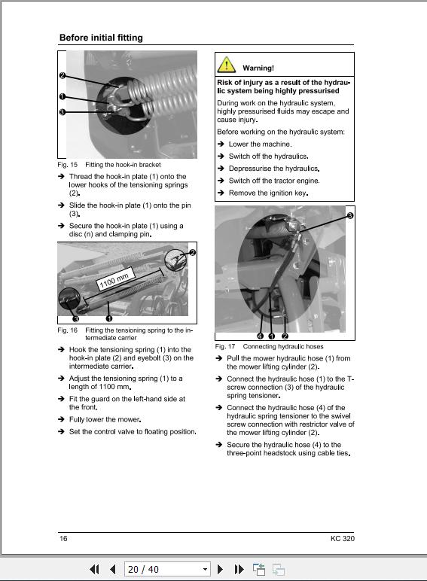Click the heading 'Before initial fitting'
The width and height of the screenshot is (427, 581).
tap(101, 38)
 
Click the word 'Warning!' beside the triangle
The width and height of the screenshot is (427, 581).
tap(258, 68)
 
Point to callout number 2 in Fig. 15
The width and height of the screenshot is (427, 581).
tap(62, 76)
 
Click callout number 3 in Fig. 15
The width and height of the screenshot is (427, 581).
tap(62, 112)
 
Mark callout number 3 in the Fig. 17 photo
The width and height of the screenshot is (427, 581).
tap(349, 215)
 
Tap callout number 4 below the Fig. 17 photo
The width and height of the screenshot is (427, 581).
tap(260, 336)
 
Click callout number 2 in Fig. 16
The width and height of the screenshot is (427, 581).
tap(192, 253)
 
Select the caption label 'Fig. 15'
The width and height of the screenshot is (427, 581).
tap(68, 164)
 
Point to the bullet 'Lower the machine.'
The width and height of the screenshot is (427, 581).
tap(260, 144)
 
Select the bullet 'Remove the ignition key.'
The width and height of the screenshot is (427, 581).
tap(268, 193)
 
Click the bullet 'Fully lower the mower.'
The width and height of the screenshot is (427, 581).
tap(105, 419)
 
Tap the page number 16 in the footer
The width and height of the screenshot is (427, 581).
tap(63, 538)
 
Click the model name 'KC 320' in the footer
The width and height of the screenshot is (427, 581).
tap(342, 538)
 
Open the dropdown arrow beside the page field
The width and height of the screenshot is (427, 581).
tap(205, 570)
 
